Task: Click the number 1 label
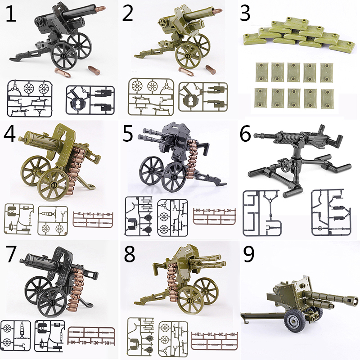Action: point(11,13)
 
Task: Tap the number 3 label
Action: point(245,13)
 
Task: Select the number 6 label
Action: point(245,135)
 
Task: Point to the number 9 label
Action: point(249,254)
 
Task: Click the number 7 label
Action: point(11,254)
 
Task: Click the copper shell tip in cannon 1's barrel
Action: point(101,9)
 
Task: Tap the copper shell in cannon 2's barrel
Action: point(218,11)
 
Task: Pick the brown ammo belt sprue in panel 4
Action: point(93,220)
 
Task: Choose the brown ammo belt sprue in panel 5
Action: point(214,216)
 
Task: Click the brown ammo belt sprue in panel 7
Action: point(91,336)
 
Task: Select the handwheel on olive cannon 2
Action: point(163,22)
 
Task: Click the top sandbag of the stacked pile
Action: point(296,22)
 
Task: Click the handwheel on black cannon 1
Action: point(41,22)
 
